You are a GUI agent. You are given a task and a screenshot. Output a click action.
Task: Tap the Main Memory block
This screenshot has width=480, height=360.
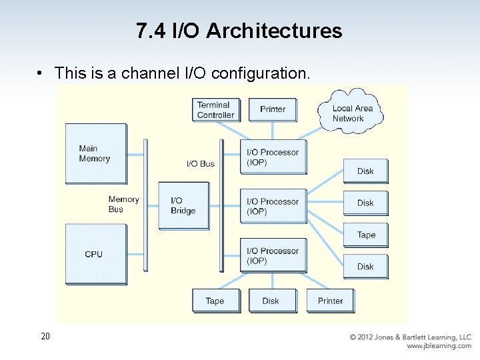[95, 153]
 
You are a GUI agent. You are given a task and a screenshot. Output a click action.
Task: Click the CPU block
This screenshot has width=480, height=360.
[95, 254]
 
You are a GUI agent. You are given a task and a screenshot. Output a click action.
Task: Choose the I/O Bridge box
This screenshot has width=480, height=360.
[183, 205]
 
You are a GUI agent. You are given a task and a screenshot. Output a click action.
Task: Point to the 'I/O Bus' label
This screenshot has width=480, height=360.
[200, 163]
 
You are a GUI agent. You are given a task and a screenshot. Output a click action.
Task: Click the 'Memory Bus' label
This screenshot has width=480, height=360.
[123, 204]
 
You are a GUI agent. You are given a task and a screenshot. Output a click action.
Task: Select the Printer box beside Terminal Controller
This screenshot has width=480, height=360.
[273, 109]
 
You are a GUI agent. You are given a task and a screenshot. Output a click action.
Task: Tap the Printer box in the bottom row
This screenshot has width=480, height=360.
[330, 301]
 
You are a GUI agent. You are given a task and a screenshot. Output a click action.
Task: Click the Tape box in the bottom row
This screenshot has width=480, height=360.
[215, 301]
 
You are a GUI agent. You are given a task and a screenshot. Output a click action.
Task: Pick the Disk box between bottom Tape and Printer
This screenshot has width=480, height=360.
[271, 301]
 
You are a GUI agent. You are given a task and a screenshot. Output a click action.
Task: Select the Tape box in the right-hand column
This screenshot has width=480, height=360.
[365, 235]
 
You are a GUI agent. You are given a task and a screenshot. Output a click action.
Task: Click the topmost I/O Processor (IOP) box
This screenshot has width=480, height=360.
[273, 157]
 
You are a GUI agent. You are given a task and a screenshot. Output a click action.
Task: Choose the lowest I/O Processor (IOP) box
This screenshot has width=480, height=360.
[273, 256]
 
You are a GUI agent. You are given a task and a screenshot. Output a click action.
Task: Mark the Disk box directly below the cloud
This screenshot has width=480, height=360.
[365, 171]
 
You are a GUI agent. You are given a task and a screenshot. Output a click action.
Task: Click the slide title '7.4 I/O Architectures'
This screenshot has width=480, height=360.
[239, 31]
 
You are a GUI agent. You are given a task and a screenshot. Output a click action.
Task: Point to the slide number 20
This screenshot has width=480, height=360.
[45, 337]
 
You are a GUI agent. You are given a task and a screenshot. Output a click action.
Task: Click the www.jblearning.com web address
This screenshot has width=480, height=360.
[439, 346]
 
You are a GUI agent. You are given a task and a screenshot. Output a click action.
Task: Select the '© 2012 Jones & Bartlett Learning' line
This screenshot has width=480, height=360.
[410, 337]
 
